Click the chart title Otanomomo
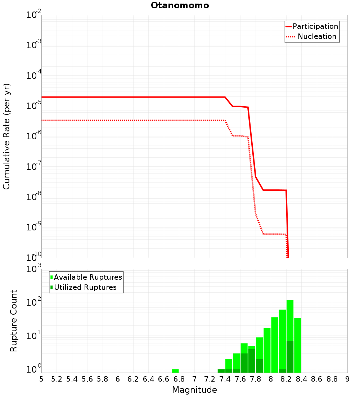pyautogui.click(x=180, y=5)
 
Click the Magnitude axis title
pyautogui.click(x=194, y=390)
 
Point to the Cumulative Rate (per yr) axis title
pyautogui.click(x=6, y=136)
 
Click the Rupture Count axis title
pyautogui.click(x=14, y=321)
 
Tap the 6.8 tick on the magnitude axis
pyautogui.click(x=179, y=379)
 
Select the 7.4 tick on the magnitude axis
pyautogui.click(x=225, y=379)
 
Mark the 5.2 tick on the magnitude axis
pyautogui.click(x=57, y=379)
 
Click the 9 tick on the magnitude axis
pyautogui.click(x=347, y=379)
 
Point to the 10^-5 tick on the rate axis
pyautogui.click(x=33, y=106)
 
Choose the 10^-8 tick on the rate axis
pyautogui.click(x=33, y=197)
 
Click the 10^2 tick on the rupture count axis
pyautogui.click(x=33, y=302)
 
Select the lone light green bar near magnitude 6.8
pyautogui.click(x=175, y=371)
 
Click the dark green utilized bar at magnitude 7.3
pyautogui.click(x=221, y=371)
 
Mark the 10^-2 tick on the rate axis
pyautogui.click(x=33, y=15)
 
